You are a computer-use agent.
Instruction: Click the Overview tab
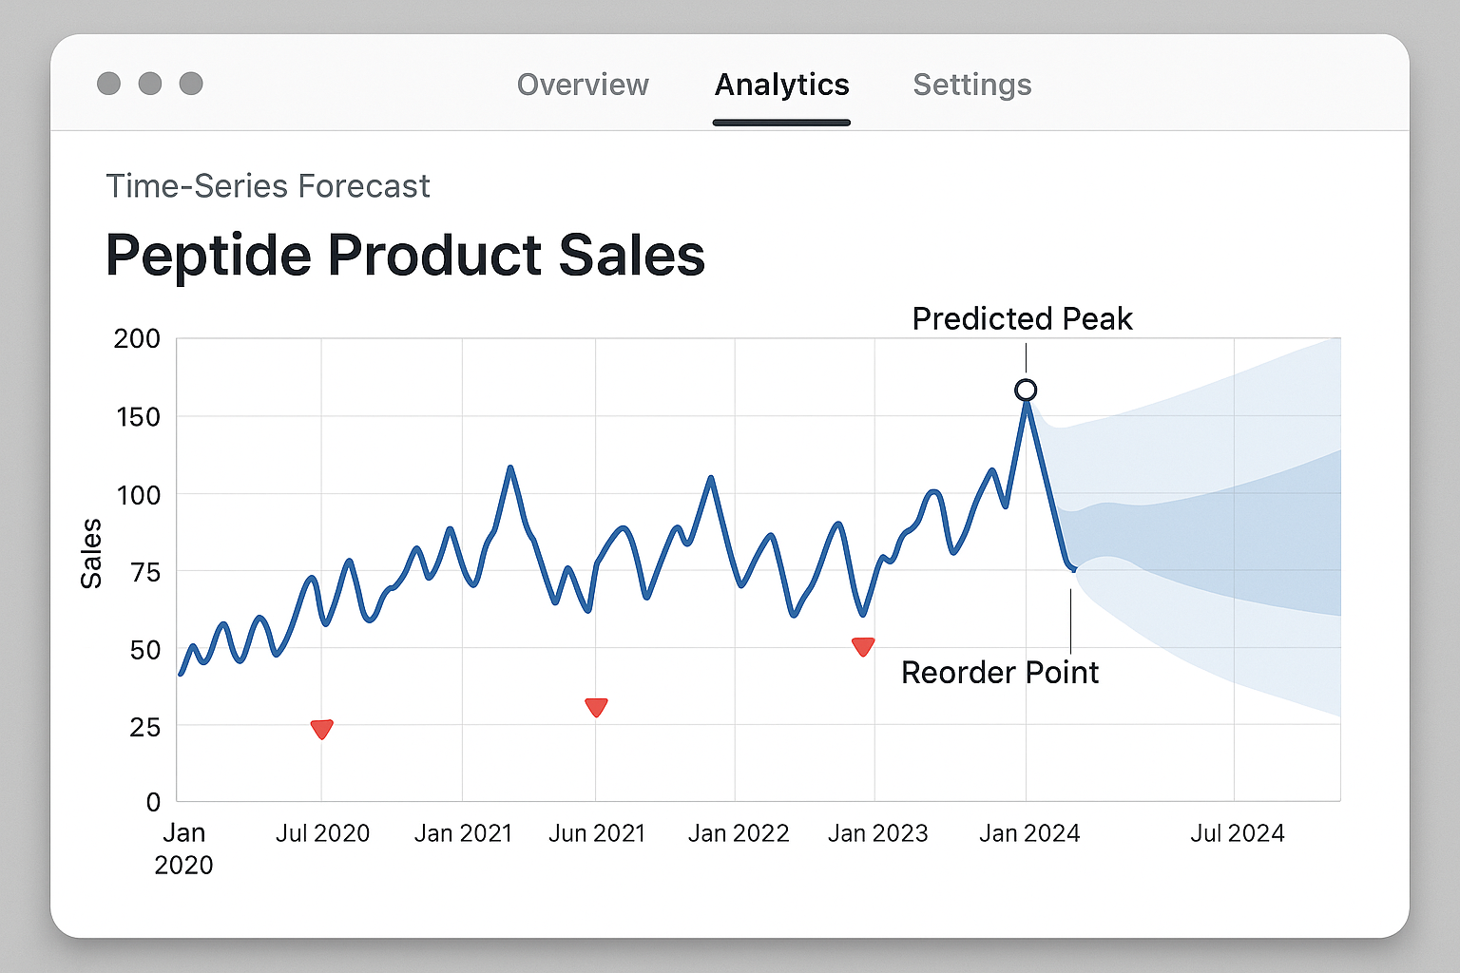pos(583,85)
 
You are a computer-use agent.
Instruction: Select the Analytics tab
pos(781,85)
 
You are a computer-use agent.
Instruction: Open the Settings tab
pos(971,85)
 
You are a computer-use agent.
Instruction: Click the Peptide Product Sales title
pos(405,256)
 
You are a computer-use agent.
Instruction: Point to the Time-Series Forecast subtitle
pos(267,186)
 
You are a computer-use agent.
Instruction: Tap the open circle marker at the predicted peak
pos(1026,390)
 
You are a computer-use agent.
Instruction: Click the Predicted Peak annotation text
pos(1022,319)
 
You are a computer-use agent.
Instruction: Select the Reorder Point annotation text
pos(999,673)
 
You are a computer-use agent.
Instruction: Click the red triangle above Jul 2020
pos(322,729)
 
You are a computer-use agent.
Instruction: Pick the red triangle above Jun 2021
pos(596,707)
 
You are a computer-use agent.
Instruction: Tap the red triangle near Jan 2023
pos(863,646)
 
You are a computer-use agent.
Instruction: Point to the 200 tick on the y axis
pos(137,339)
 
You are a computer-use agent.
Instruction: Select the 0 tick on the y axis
pos(153,802)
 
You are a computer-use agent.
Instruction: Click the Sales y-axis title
pos(91,554)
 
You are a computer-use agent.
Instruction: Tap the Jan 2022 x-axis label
pos(739,833)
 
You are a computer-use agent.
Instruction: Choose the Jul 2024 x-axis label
pos(1237,833)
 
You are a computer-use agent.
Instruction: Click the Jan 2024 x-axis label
pos(1029,833)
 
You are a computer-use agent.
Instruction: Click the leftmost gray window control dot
pos(109,84)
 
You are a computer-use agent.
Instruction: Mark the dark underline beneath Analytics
pos(781,123)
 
